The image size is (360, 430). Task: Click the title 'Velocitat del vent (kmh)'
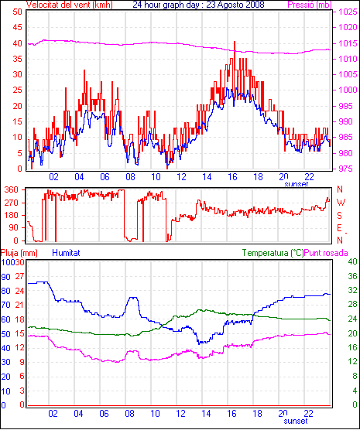click(70, 5)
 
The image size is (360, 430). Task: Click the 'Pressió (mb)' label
click(310, 5)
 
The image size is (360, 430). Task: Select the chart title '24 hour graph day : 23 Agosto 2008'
click(198, 5)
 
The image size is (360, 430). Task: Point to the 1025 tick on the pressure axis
click(348, 12)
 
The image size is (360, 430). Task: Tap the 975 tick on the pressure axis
click(348, 169)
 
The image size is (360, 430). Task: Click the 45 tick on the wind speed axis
click(17, 27)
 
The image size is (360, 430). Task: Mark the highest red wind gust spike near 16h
click(235, 42)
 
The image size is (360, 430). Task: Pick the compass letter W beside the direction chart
click(341, 203)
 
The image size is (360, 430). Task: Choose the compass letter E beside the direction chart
click(339, 228)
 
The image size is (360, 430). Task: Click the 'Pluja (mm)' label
click(19, 253)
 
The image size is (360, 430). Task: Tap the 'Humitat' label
click(66, 253)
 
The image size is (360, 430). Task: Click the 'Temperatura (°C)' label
click(273, 253)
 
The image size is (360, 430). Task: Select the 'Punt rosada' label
click(326, 253)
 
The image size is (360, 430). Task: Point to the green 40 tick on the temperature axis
click(352, 261)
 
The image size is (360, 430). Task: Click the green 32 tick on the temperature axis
click(352, 290)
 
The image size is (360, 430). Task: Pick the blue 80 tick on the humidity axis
click(5, 291)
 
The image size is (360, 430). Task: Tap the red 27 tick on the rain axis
click(19, 276)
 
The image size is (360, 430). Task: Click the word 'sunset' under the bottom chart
click(296, 421)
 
